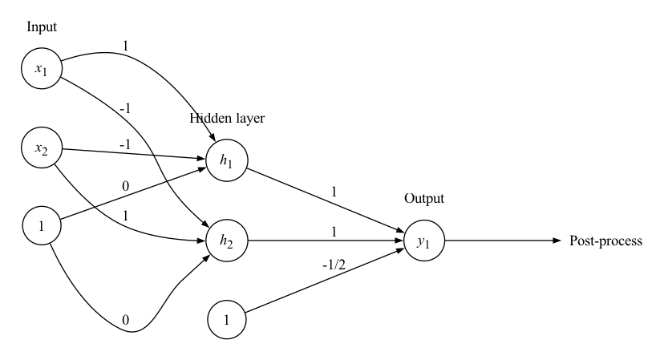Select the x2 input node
(42, 148)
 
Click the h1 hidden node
(227, 159)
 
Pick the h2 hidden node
(227, 239)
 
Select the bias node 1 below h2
(227, 319)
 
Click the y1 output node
(422, 239)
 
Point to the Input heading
(42, 27)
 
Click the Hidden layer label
(227, 119)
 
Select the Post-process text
(605, 240)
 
